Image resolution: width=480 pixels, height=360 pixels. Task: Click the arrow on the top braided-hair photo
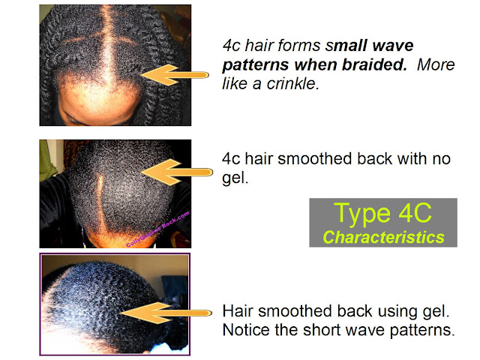tap(175, 75)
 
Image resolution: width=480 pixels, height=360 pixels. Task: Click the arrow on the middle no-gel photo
tap(177, 172)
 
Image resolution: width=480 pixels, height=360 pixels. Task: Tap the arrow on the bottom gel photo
tap(166, 313)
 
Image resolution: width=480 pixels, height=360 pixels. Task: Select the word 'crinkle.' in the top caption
tap(292, 83)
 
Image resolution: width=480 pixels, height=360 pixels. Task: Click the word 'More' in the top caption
tap(436, 64)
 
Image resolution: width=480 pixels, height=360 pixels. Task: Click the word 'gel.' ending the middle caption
tap(235, 178)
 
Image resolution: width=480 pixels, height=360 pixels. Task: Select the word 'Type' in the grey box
tap(362, 214)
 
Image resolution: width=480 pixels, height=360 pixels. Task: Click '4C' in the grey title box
tap(415, 212)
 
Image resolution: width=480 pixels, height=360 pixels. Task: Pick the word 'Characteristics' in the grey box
tap(383, 237)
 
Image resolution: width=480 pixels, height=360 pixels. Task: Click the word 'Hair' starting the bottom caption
tap(238, 311)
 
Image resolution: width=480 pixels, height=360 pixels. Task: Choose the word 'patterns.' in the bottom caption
tap(421, 330)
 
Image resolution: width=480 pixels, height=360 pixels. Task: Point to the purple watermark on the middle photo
tap(158, 229)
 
